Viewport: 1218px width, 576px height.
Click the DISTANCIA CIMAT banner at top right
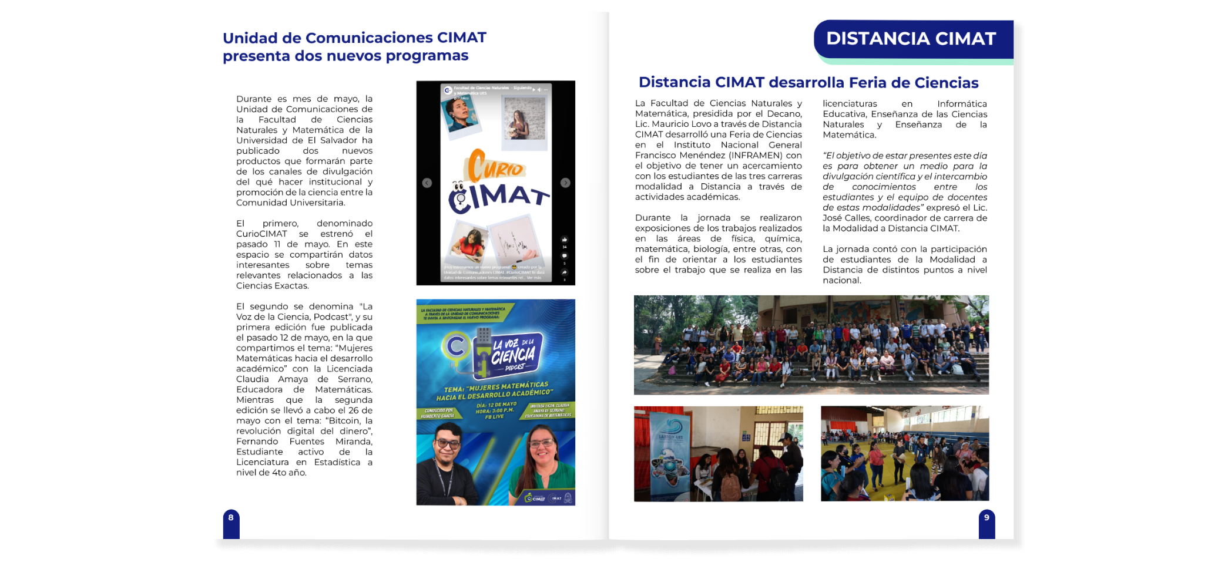click(911, 39)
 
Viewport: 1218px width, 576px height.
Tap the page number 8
click(231, 518)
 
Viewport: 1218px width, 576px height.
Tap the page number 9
click(987, 518)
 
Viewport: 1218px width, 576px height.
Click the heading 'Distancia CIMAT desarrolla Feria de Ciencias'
click(808, 83)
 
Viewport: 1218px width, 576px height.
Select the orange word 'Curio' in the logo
click(495, 166)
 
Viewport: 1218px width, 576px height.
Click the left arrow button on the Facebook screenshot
click(427, 183)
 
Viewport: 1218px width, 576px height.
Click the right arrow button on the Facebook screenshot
click(565, 183)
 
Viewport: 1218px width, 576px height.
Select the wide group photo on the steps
click(811, 345)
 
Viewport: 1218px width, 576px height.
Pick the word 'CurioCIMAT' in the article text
click(261, 234)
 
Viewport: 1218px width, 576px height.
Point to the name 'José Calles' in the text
click(847, 218)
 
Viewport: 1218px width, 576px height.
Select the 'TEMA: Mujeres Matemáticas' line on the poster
click(496, 389)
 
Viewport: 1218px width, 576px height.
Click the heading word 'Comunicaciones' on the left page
click(369, 38)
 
